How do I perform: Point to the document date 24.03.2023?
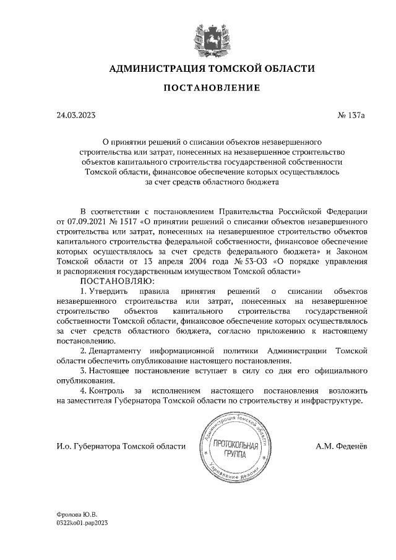click(x=77, y=116)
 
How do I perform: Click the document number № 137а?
click(x=352, y=116)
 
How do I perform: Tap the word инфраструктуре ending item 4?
click(x=332, y=401)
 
